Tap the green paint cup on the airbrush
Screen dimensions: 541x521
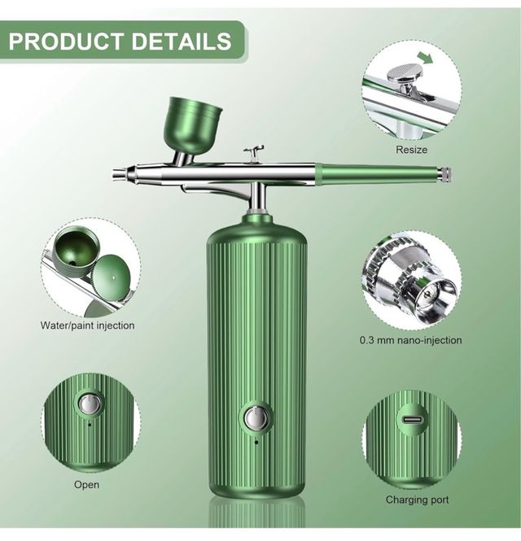[x=194, y=121]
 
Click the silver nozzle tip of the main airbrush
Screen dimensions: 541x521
[x=120, y=172]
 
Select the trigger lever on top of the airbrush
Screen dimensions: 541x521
[x=255, y=152]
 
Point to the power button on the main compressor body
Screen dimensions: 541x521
[x=256, y=417]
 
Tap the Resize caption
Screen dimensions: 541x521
[x=411, y=150]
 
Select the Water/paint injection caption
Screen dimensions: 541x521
[x=88, y=325]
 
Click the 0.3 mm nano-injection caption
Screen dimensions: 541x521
[x=411, y=340]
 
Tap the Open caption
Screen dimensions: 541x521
[x=86, y=484]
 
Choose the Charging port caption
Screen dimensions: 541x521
[x=417, y=500]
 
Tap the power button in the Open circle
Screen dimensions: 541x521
[x=90, y=404]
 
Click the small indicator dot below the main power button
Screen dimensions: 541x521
[x=256, y=442]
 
